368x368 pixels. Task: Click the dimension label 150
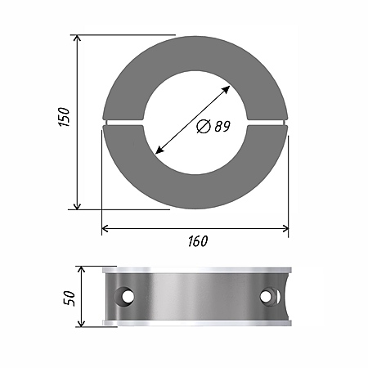coord(64,117)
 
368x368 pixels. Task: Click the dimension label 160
coord(198,241)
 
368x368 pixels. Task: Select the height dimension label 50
coord(69,298)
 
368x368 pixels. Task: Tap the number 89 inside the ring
coord(222,126)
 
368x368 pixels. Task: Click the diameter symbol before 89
coord(204,127)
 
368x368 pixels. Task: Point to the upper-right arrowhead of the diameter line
coord(226,90)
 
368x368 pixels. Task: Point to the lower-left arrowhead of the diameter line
coord(159,150)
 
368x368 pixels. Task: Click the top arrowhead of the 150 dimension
coord(78,38)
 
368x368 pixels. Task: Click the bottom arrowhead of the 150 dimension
coord(78,206)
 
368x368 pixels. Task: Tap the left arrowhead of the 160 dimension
coord(105,228)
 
